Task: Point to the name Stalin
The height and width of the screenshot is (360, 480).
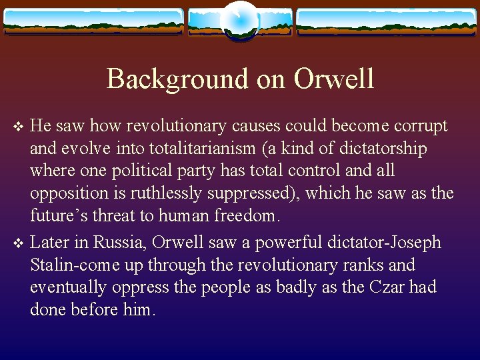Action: [x=52, y=265]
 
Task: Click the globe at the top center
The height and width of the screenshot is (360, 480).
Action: [x=239, y=20]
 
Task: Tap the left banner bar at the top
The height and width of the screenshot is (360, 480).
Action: [x=93, y=21]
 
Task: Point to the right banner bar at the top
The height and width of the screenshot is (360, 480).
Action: [x=386, y=21]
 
